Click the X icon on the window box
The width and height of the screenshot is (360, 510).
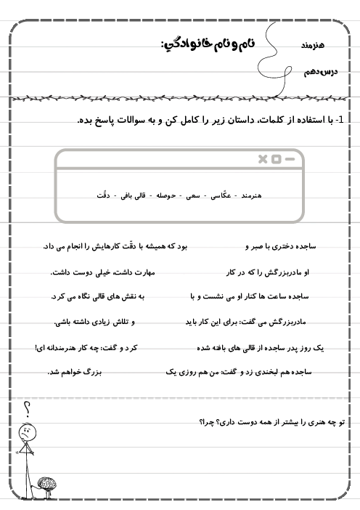[263, 158]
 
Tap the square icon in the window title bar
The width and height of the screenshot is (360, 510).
[277, 158]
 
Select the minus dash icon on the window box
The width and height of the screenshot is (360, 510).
[290, 158]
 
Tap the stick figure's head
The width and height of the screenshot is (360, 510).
[26, 431]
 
